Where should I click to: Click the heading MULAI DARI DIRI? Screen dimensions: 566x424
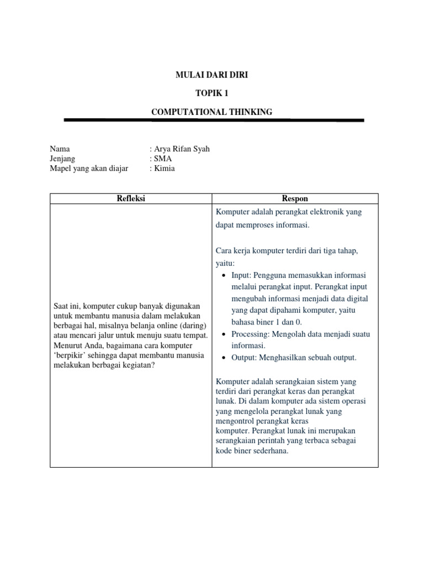(211, 75)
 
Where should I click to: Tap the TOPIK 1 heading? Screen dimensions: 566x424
(211, 93)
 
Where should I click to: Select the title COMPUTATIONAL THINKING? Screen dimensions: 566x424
(211, 112)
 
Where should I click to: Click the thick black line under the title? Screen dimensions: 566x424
(214, 120)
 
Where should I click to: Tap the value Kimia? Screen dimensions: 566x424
(165, 168)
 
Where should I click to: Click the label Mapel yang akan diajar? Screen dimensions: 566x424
(89, 168)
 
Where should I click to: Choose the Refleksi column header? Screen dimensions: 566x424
(131, 198)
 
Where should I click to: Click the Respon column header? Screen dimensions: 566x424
(295, 198)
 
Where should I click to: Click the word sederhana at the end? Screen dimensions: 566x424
(269, 450)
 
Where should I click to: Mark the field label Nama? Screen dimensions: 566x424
(60, 149)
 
